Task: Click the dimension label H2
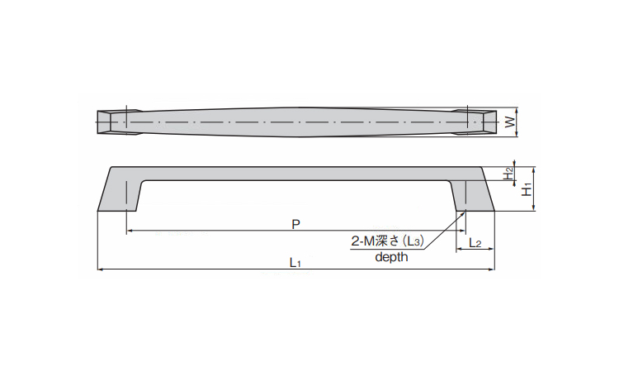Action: click(509, 174)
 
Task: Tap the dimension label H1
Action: click(526, 189)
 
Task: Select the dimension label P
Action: click(295, 223)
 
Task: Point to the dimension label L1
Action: click(295, 262)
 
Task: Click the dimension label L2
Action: click(475, 242)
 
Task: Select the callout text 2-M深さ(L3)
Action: click(387, 241)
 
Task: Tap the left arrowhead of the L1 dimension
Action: click(100, 269)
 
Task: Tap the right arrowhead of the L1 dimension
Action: click(493, 269)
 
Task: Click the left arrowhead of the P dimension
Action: click(129, 231)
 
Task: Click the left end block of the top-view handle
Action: click(112, 121)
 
